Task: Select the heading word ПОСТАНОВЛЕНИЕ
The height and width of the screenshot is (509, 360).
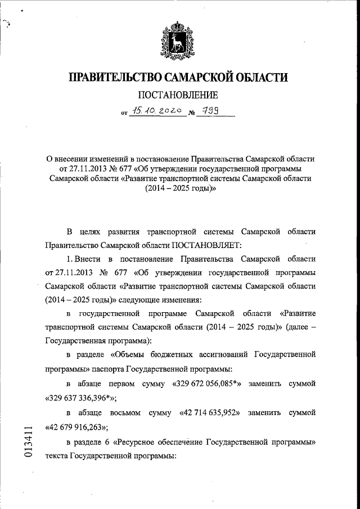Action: point(180,96)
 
